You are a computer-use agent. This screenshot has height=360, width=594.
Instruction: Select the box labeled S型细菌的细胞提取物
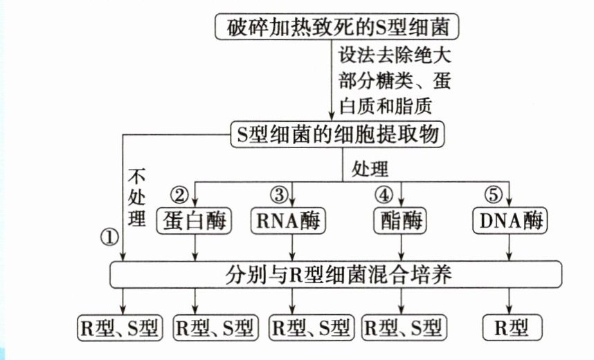coord(336,134)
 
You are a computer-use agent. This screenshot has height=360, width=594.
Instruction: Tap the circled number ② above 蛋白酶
coord(180,195)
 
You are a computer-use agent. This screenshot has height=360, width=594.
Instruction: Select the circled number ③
coord(278,195)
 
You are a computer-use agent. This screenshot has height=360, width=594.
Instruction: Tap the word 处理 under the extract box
coord(370,168)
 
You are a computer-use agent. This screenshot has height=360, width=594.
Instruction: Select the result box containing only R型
coord(510,327)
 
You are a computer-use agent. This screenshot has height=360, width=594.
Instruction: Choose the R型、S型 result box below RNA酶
coord(313,327)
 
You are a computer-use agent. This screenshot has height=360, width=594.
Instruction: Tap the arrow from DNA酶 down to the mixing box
coord(511,248)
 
